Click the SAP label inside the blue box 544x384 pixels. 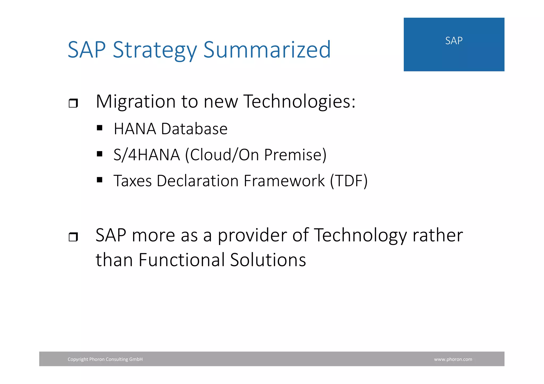coord(454,41)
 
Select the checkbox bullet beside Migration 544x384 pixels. coord(73,103)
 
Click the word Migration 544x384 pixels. coord(135,102)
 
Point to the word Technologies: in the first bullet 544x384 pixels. coord(299,102)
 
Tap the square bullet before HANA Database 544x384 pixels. coord(100,128)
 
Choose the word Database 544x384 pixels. coord(194,129)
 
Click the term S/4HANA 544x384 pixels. coord(147,155)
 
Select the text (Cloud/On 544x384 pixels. coord(222,155)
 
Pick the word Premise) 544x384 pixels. coord(295,155)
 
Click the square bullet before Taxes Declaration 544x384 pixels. coord(100,180)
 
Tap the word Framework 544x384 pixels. coord(284,181)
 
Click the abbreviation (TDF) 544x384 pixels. coord(349,181)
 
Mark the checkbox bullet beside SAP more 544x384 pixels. coord(73,237)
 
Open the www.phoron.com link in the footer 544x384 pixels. coord(453,359)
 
